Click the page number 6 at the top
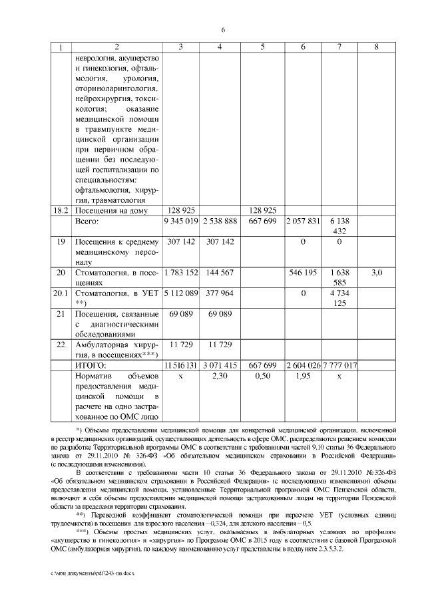tap(223, 29)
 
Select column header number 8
tap(377, 47)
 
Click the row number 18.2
tap(61, 210)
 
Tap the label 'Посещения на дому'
tap(108, 210)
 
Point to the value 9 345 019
tap(182, 221)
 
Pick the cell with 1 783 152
tap(182, 273)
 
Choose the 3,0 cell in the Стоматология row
tap(377, 273)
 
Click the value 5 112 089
tap(182, 293)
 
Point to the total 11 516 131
tap(182, 365)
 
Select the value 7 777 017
tap(339, 365)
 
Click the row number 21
tap(61, 313)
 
